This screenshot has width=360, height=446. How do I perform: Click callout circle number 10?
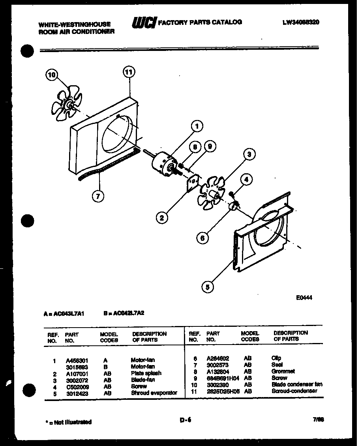click(52, 75)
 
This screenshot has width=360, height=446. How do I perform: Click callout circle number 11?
click(129, 72)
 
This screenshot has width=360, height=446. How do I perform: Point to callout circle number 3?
click(249, 154)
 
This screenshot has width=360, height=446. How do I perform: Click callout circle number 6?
click(202, 238)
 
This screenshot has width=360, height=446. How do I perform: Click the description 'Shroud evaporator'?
click(154, 393)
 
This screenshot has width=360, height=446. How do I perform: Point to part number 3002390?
click(216, 384)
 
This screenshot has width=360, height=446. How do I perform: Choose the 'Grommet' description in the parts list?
click(283, 371)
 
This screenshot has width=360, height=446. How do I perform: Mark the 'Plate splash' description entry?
click(146, 373)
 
